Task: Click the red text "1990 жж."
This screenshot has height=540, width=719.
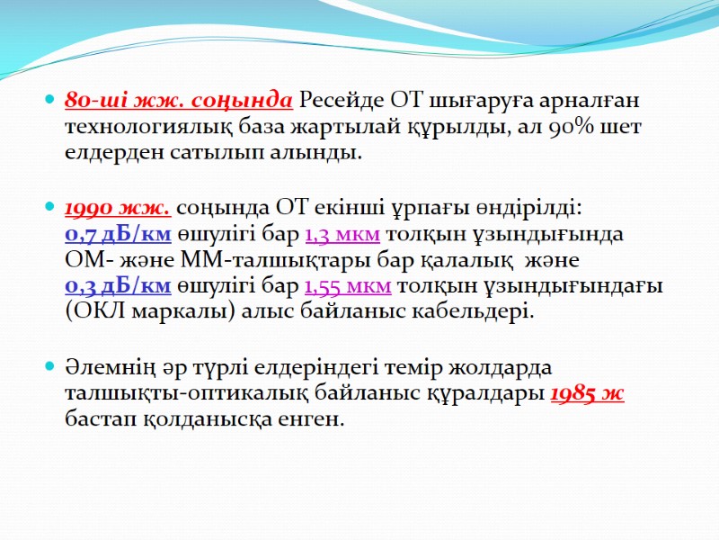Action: [x=118, y=209]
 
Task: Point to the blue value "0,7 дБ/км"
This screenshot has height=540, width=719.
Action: [x=118, y=235]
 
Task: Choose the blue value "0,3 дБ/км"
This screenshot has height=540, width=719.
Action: [x=118, y=286]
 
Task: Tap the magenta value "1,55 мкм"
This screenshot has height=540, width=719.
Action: [x=348, y=286]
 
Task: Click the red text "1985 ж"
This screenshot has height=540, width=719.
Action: [x=587, y=393]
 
